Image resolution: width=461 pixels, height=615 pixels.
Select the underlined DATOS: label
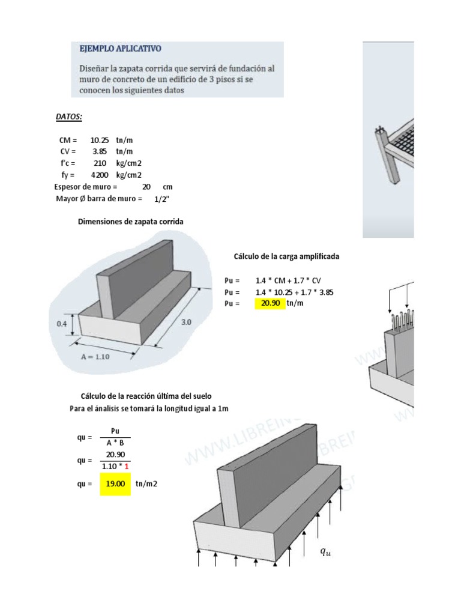click(69, 116)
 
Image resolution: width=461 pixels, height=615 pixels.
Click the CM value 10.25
click(100, 140)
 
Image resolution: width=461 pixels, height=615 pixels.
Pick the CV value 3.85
click(100, 151)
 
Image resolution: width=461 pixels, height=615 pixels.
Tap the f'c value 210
click(100, 163)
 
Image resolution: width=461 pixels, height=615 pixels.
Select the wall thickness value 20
click(146, 187)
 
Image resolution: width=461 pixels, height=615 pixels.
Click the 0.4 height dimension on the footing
click(62, 324)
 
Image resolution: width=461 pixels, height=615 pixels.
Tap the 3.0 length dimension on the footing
click(187, 322)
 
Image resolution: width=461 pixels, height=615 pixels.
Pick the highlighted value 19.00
click(115, 483)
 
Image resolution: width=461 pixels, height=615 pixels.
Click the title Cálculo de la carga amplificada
click(286, 256)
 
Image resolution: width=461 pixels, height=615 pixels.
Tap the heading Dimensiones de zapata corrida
click(131, 222)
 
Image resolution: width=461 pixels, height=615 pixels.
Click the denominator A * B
click(115, 443)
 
